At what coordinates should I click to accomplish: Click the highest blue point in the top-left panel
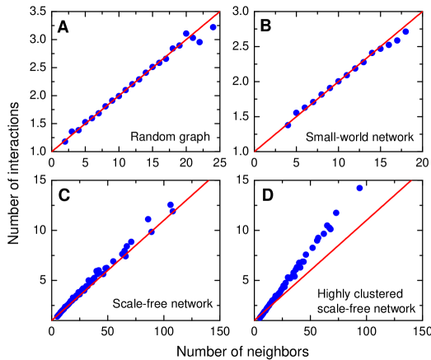click(x=213, y=27)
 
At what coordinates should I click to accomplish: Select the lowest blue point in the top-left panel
click(x=65, y=141)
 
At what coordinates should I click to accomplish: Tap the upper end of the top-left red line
click(x=220, y=12)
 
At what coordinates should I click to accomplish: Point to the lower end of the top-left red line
click(x=53, y=151)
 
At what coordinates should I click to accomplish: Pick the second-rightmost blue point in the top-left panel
click(x=199, y=42)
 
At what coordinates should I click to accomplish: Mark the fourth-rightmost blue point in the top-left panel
click(x=186, y=34)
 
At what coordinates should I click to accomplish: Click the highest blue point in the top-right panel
click(x=405, y=31)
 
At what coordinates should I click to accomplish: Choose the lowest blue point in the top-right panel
click(x=288, y=125)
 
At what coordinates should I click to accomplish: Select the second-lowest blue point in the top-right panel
click(x=296, y=114)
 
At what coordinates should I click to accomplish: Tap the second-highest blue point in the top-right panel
click(x=397, y=40)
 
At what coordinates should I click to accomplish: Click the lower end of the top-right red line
click(x=255, y=151)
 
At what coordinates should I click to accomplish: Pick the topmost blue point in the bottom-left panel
click(x=171, y=204)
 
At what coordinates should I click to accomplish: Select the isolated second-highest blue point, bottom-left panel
click(x=148, y=219)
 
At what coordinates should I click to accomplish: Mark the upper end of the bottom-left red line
click(x=208, y=181)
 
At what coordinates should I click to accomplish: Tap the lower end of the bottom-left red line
click(x=53, y=319)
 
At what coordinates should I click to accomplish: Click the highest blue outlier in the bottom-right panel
click(x=359, y=188)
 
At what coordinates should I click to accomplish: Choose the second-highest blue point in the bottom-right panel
click(x=335, y=213)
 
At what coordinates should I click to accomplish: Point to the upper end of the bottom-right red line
click(x=411, y=181)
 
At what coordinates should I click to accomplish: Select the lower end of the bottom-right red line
click(x=255, y=319)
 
